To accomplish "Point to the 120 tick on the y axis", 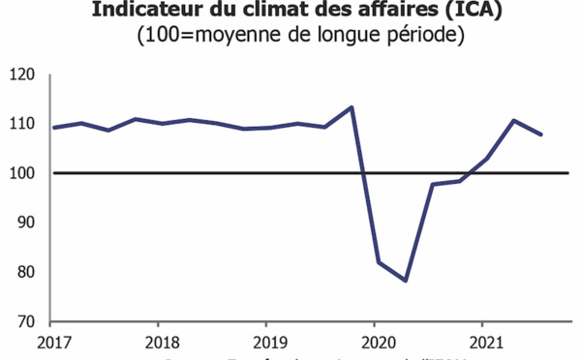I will tap(22, 75).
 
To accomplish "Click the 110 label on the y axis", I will tap(22, 124).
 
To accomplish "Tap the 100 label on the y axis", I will tap(22, 173).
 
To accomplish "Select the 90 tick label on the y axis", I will tap(26, 223).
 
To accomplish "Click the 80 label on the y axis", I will tap(26, 272).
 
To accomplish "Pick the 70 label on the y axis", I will tap(26, 321).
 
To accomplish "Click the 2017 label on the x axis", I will tap(53, 342).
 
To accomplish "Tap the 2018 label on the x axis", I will tap(161, 342).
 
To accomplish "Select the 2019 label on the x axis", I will tap(267, 342).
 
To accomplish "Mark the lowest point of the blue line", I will tap(405, 281).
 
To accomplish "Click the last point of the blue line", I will tap(541, 135).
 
